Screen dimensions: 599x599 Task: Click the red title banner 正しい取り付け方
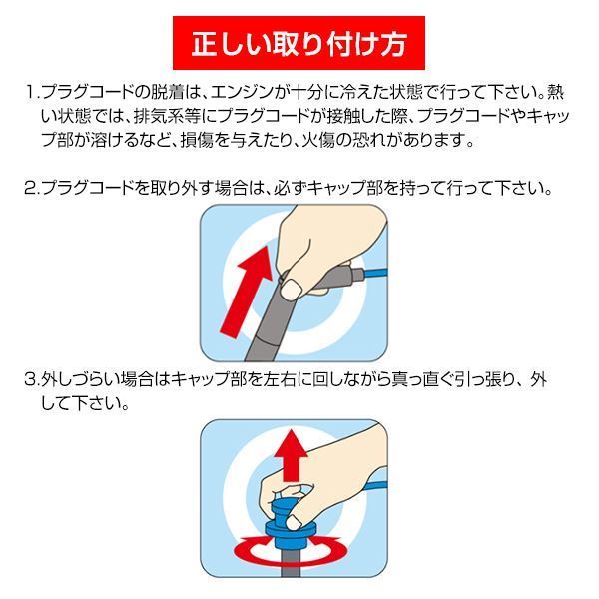pyautogui.click(x=299, y=43)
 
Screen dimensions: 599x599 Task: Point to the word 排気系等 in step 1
pyautogui.click(x=168, y=116)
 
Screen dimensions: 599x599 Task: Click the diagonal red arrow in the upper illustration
pyautogui.click(x=247, y=292)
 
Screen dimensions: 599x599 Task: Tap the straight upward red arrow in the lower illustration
pyautogui.click(x=293, y=455)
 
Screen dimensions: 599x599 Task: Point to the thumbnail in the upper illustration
pyautogui.click(x=291, y=289)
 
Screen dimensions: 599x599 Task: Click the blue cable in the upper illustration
pyautogui.click(x=376, y=274)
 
